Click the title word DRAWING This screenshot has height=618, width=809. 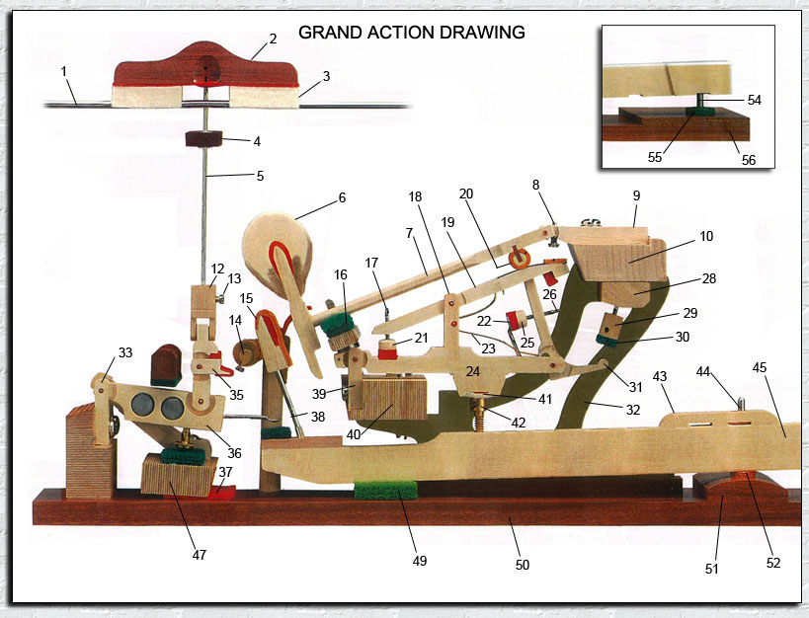pyautogui.click(x=481, y=33)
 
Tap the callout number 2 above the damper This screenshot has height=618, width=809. pyautogui.click(x=272, y=40)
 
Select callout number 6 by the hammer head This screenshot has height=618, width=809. pyautogui.click(x=342, y=197)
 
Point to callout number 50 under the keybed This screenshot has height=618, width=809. pyautogui.click(x=523, y=565)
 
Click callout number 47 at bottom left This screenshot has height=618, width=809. pyautogui.click(x=200, y=555)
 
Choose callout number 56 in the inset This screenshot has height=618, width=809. pyautogui.click(x=747, y=160)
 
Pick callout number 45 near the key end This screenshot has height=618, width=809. pyautogui.click(x=759, y=368)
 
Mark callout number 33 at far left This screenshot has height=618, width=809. pyautogui.click(x=125, y=352)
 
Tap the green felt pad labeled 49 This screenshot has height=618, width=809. pyautogui.click(x=386, y=490)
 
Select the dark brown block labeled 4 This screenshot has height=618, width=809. pyautogui.click(x=205, y=140)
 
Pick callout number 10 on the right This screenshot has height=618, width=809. pyautogui.click(x=705, y=237)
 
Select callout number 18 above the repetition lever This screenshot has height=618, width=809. pyautogui.click(x=414, y=197)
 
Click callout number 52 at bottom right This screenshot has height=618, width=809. pyautogui.click(x=773, y=563)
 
